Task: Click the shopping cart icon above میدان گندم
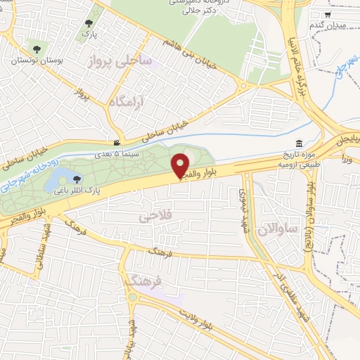click(x=328, y=14)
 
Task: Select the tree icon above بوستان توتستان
click(x=37, y=49)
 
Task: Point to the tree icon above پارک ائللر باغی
click(x=77, y=179)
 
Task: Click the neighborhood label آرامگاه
click(x=112, y=103)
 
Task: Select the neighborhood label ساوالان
click(x=278, y=228)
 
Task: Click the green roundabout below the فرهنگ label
click(x=132, y=296)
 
